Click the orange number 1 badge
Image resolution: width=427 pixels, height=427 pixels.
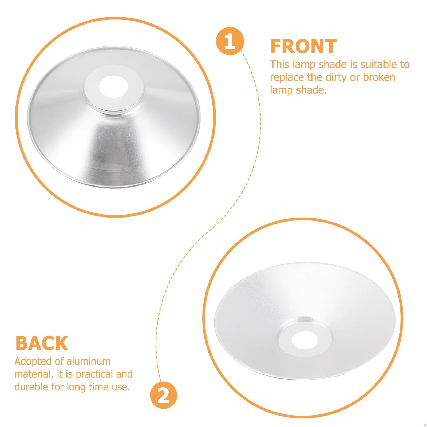pyautogui.click(x=230, y=41)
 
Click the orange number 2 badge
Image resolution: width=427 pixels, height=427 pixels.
pyautogui.click(x=163, y=395)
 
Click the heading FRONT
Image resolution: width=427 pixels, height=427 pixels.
pyautogui.click(x=303, y=47)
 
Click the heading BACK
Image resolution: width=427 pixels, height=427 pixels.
pyautogui.click(x=42, y=343)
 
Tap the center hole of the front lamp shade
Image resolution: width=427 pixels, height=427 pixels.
pyautogui.click(x=114, y=86)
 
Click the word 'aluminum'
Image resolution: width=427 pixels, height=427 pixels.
pyautogui.click(x=88, y=361)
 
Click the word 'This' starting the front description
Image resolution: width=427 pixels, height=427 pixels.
pyautogui.click(x=279, y=65)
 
